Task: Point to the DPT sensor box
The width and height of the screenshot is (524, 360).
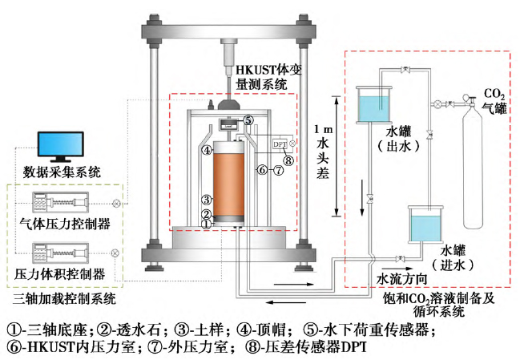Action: (x=279, y=144)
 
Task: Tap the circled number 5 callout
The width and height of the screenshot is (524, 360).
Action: (x=249, y=121)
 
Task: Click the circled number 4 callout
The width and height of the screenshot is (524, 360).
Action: (x=207, y=150)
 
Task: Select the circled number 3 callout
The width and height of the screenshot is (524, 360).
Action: (x=206, y=200)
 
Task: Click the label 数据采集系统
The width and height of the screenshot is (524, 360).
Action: (x=58, y=172)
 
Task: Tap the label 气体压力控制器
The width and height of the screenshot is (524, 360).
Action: (x=64, y=222)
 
